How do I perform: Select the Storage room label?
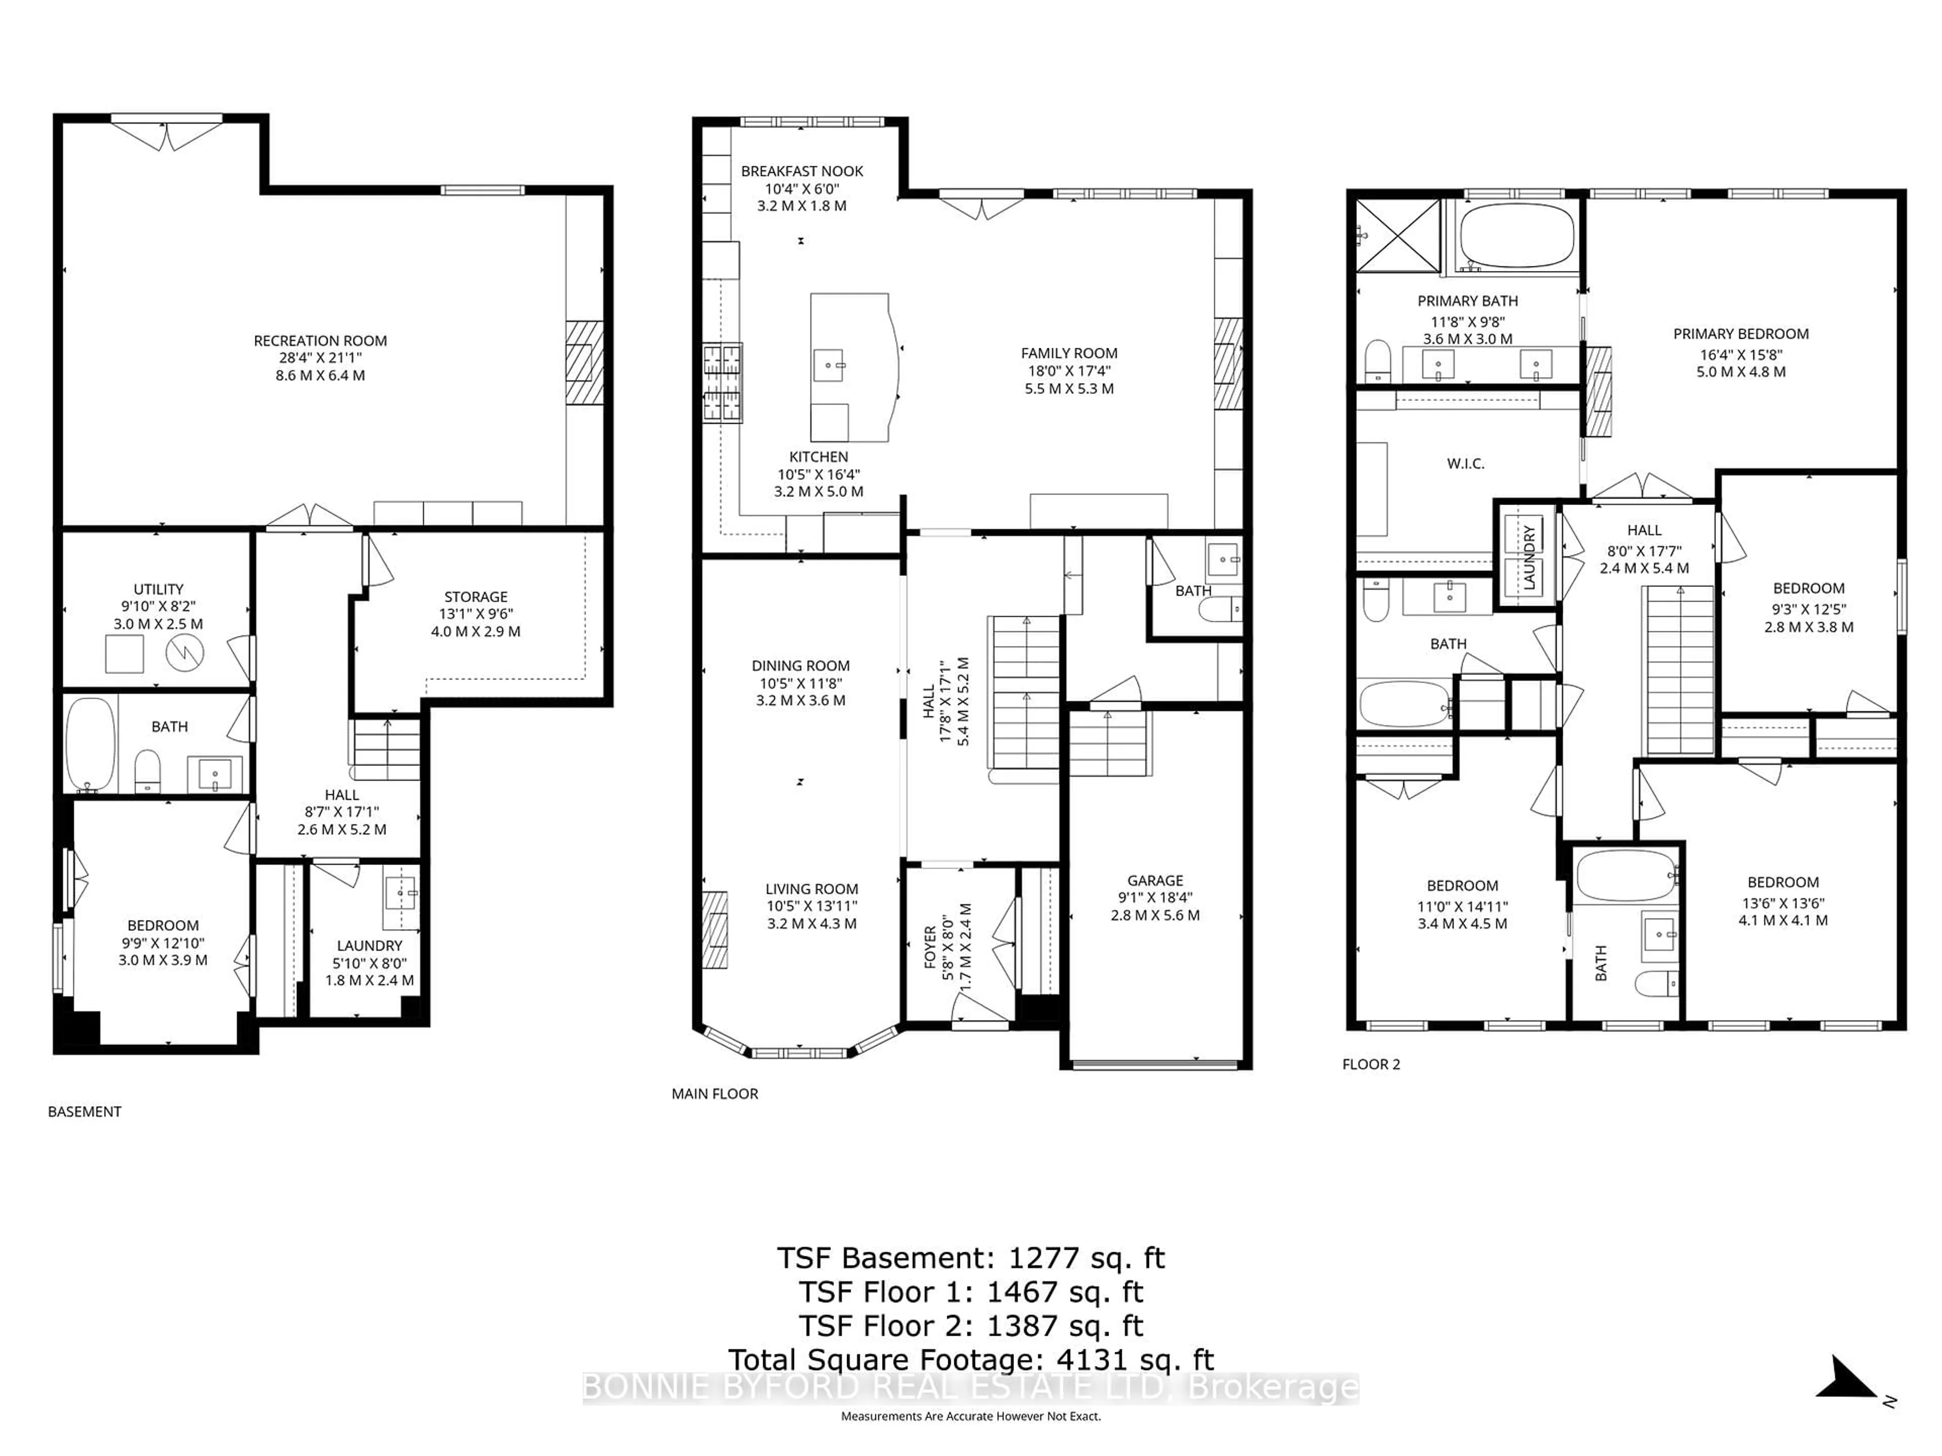pyautogui.click(x=475, y=597)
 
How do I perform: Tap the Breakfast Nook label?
pyautogui.click(x=802, y=171)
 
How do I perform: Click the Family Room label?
pyautogui.click(x=1069, y=353)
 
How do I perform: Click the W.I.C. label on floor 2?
pyautogui.click(x=1465, y=464)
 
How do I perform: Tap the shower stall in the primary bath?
pyautogui.click(x=1398, y=235)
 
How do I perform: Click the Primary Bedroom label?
pyautogui.click(x=1740, y=334)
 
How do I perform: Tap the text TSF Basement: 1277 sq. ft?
pyautogui.click(x=970, y=1258)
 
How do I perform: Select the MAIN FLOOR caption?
pyautogui.click(x=715, y=1094)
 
